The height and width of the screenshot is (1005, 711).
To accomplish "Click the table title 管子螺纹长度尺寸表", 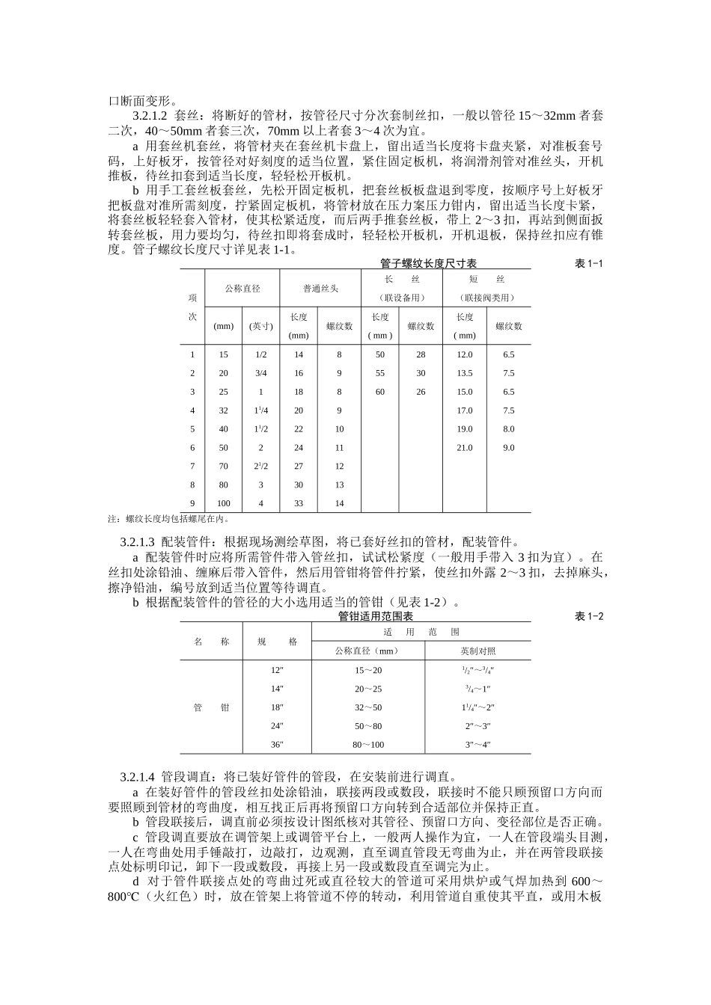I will coord(428,263).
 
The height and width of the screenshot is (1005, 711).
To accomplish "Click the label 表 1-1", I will coord(588,263).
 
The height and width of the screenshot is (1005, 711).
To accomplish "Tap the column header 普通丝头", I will coord(320,288).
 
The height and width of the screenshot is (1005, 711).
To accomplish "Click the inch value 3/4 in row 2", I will coord(260,373).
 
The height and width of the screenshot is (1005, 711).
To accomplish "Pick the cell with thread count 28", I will coord(421,354).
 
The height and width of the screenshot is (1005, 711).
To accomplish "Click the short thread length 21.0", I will coord(465,448).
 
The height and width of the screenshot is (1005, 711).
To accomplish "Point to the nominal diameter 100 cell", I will coord(223,503).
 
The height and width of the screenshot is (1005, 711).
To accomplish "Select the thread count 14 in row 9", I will coord(339,503).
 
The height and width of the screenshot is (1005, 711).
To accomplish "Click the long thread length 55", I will coord(380,373).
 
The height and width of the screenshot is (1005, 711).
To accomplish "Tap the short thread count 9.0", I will coord(509,448).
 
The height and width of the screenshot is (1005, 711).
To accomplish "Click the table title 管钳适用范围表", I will coord(376,616).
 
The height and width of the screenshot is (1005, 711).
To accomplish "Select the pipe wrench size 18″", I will coord(277,707).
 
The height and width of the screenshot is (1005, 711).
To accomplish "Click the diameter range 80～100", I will coord(368,744).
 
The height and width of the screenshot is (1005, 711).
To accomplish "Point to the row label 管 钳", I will coord(212,707).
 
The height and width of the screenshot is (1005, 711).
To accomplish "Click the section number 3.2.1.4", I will coord(137,775).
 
